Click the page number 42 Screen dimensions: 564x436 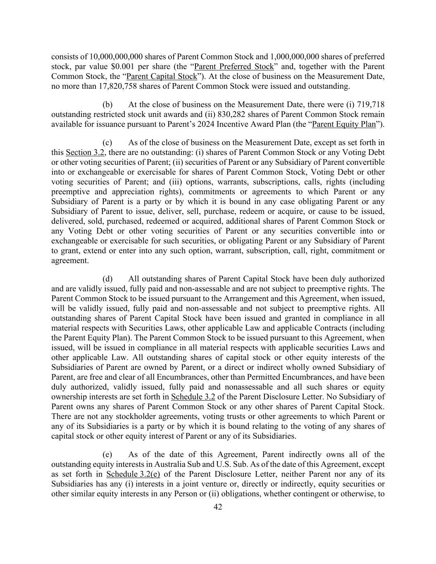click(218, 507)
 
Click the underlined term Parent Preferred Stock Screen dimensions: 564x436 click(234, 67)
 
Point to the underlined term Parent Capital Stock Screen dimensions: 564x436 click(162, 76)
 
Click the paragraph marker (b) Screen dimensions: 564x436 click(108, 105)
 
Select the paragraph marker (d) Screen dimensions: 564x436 click(108, 279)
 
